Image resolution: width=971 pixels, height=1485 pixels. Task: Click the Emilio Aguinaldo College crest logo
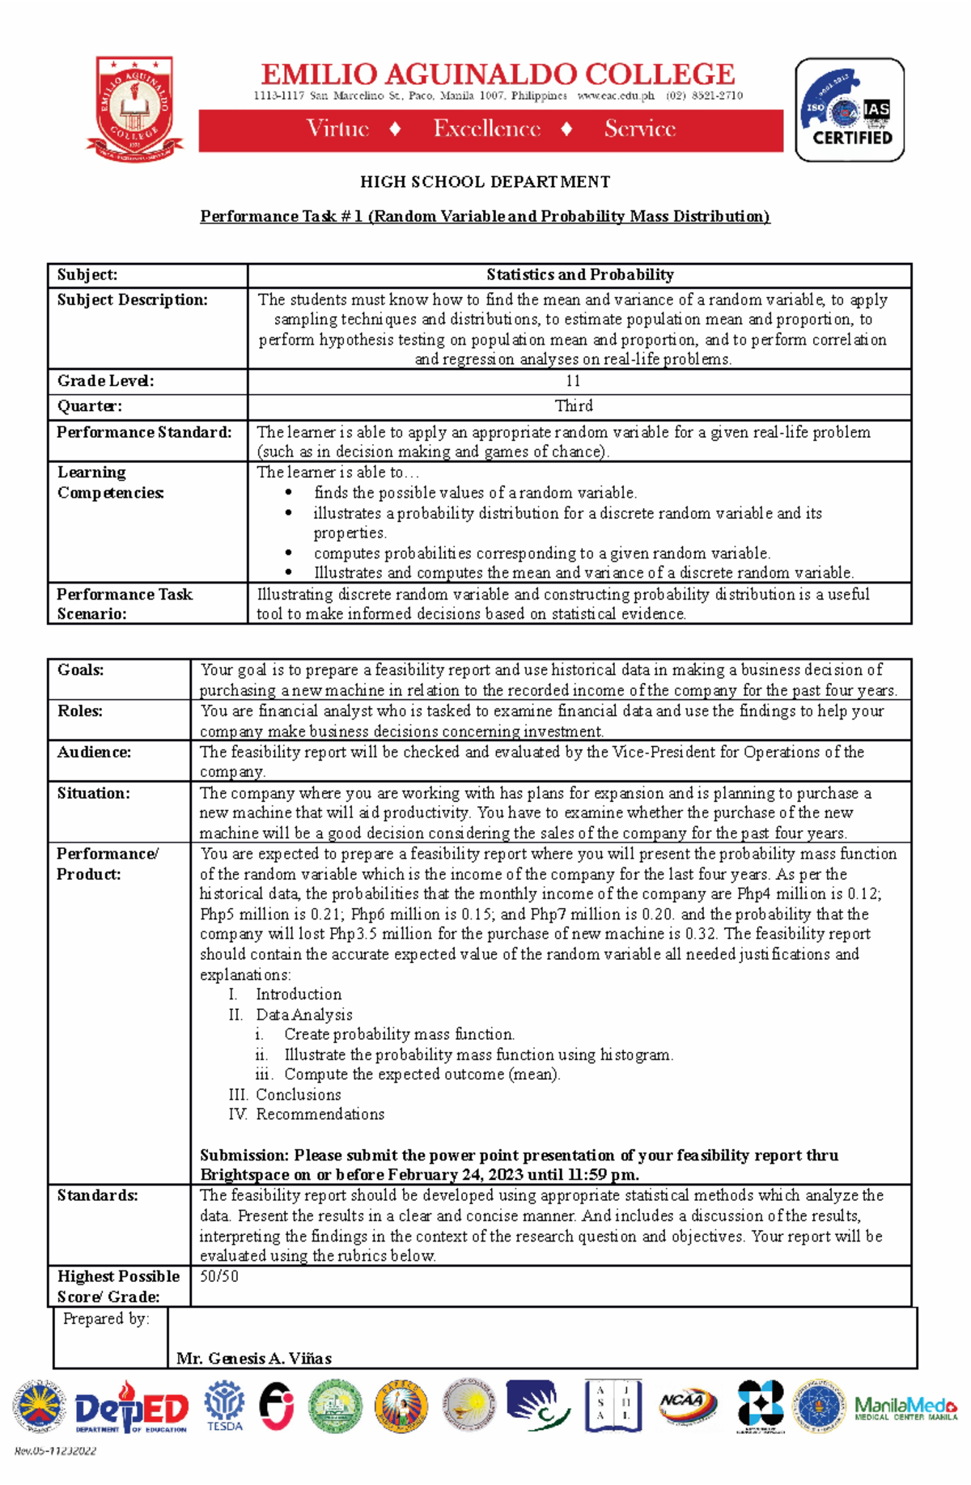pos(134,108)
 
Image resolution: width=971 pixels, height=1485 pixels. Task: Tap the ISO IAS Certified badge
pos(850,110)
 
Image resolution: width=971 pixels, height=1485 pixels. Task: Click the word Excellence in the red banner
pos(486,129)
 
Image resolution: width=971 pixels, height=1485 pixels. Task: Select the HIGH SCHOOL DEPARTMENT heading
pos(485,182)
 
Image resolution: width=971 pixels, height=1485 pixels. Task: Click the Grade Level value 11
pos(573,381)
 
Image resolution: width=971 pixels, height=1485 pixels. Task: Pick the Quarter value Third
pos(573,406)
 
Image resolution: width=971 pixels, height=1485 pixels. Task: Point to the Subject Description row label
pos(132,300)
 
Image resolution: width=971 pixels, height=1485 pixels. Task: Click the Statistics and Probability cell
pos(579,275)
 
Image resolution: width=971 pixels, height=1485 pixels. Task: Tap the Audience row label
pos(94,753)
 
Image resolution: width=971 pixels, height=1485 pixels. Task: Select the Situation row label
pos(93,794)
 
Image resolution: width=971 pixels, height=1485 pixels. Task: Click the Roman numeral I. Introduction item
pos(286,995)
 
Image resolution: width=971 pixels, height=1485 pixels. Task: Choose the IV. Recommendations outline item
pos(307,1115)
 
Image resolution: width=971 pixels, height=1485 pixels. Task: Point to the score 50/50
pos(219,1277)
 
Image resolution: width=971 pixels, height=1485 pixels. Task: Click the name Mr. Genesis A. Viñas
pos(254,1359)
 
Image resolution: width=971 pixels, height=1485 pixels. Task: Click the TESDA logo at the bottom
pos(224,1407)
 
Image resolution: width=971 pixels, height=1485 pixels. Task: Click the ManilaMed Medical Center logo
pos(905,1409)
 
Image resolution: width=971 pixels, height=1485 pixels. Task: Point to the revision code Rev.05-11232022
pos(55,1451)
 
